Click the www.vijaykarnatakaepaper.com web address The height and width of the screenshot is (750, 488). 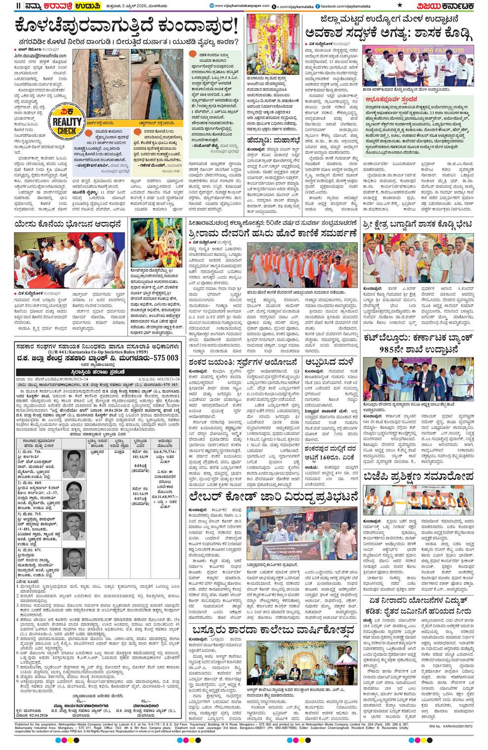(x=242, y=5)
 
